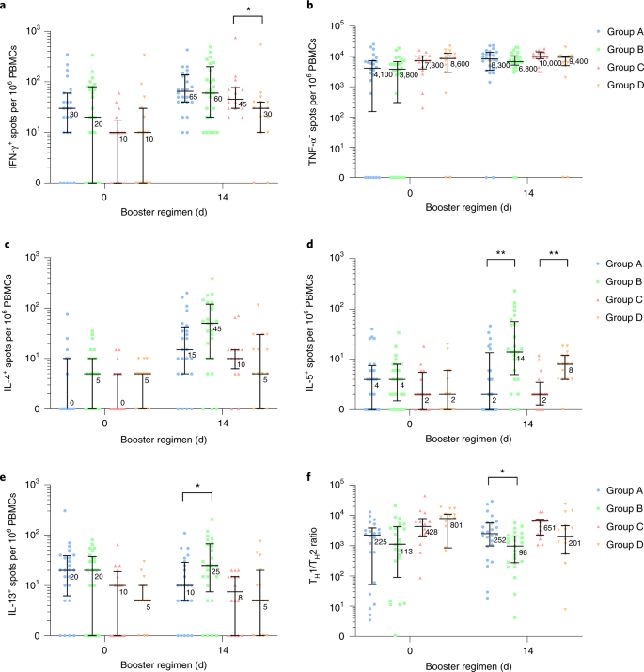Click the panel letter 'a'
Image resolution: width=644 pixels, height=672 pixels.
tap(5, 8)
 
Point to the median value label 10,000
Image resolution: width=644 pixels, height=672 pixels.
tap(547, 65)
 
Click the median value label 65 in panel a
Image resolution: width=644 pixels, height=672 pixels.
tap(193, 97)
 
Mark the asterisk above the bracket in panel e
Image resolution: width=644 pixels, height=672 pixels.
tap(198, 488)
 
